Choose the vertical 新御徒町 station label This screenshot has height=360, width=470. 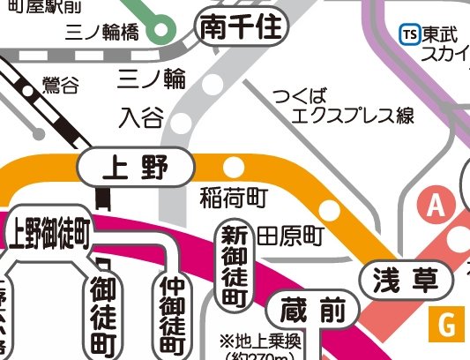coord(233,266)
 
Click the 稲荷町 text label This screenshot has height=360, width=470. coord(233,196)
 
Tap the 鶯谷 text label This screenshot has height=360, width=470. coord(60,86)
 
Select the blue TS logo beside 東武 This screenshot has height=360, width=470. coord(409,33)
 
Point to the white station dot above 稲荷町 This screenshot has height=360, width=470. coord(235,166)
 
